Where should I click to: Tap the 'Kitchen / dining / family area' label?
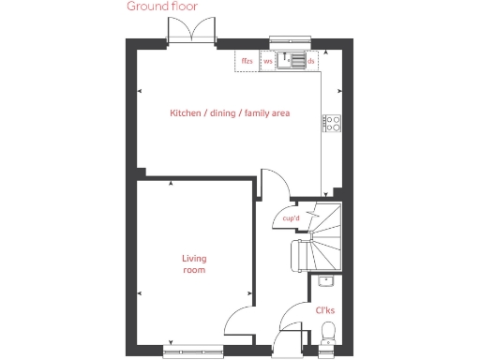(230, 113)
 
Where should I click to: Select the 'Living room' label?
(194, 263)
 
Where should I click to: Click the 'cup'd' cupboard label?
(291, 219)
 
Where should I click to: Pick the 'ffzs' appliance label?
(247, 61)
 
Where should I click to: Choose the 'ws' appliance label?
(268, 61)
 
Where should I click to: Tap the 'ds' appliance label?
(310, 61)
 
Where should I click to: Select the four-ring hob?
(331, 122)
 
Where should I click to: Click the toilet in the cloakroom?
(328, 332)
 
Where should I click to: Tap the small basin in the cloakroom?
(326, 280)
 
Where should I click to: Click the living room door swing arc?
(239, 323)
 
